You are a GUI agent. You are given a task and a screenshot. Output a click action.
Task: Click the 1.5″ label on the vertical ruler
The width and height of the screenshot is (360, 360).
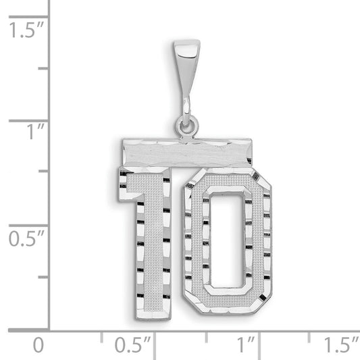pyautogui.click(x=26, y=30)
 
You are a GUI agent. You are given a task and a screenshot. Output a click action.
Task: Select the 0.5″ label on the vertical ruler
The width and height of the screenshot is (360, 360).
pyautogui.click(x=26, y=238)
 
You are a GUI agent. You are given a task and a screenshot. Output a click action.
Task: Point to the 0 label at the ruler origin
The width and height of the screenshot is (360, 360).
pyautogui.click(x=38, y=345)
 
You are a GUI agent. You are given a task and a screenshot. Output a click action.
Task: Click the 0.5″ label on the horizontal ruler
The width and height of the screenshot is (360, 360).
pyautogui.click(x=132, y=344)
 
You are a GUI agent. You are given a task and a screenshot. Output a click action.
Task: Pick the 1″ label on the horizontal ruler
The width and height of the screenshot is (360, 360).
pyautogui.click(x=246, y=344)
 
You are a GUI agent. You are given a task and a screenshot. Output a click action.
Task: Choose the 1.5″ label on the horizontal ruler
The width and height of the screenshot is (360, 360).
pyautogui.click(x=341, y=344)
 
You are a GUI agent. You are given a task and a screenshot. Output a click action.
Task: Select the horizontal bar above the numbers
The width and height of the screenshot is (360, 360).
pyautogui.click(x=187, y=153)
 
